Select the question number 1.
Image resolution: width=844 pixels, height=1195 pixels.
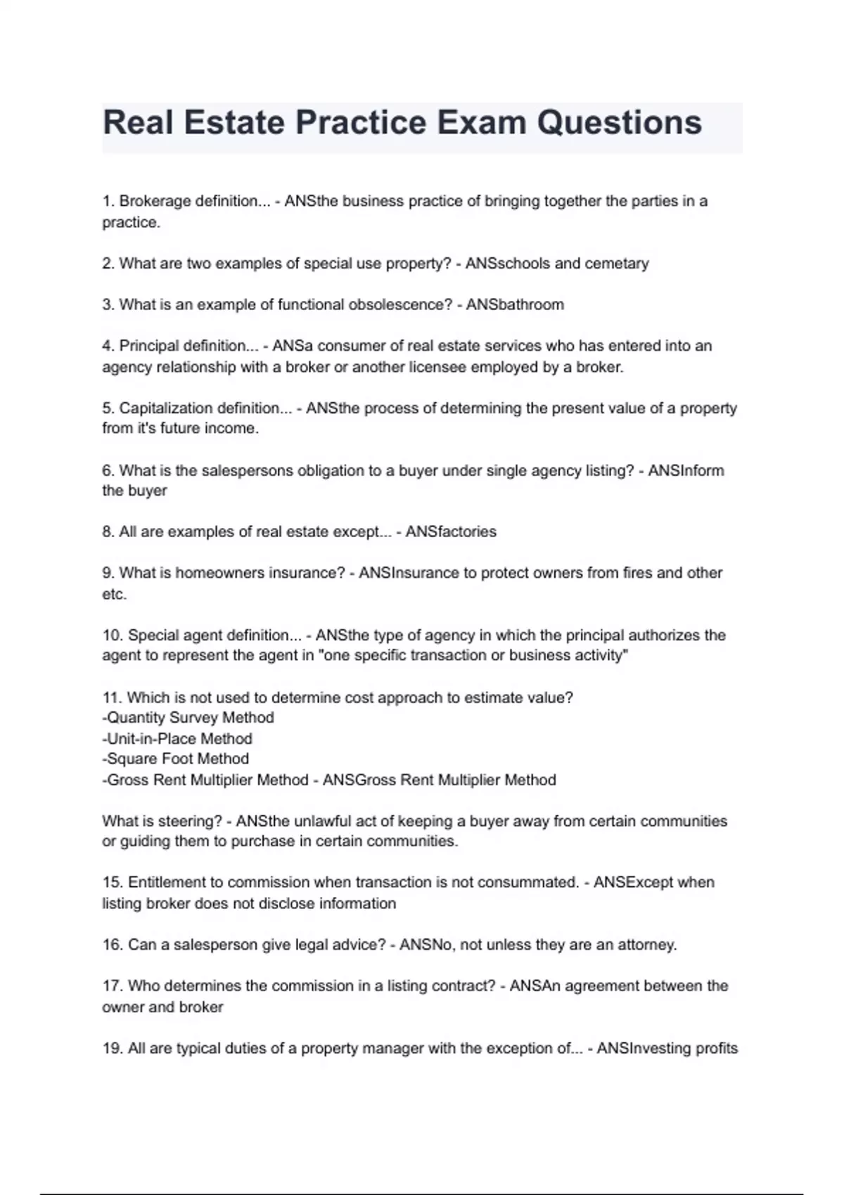point(108,201)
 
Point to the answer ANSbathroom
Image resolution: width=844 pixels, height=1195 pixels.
point(515,305)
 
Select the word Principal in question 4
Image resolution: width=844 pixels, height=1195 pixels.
point(148,346)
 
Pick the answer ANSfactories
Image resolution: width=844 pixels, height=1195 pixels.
point(451,532)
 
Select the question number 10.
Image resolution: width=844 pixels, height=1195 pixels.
point(113,635)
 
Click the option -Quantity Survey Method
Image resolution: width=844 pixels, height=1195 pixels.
point(188,718)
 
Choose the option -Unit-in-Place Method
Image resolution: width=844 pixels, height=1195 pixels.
point(177,739)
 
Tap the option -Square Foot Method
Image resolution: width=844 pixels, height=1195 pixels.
point(175,759)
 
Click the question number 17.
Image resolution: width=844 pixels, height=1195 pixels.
point(113,986)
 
